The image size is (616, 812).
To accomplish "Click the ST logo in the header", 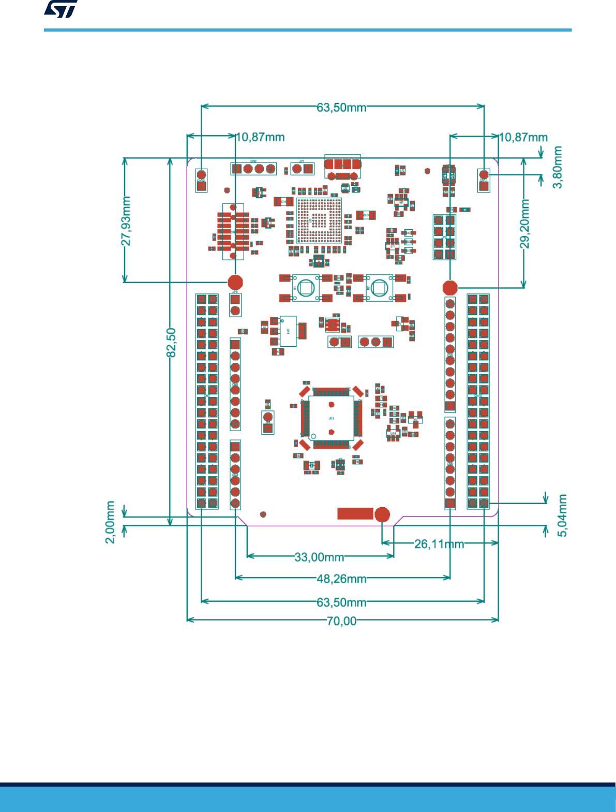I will pos(61,9).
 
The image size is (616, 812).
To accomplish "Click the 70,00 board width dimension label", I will pos(341,621).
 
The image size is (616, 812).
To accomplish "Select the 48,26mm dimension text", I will pos(341,579).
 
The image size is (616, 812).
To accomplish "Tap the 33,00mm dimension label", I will pos(319,557).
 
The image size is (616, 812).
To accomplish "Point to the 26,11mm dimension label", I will pos(439,543).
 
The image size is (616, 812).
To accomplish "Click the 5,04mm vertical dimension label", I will pos(562,515).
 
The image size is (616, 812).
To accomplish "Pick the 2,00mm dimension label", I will pos(110,522).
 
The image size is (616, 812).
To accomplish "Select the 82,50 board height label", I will pos(171,342).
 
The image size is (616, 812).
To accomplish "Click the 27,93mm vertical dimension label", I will pos(126,220).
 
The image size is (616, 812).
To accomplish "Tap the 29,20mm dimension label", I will pos(525,224).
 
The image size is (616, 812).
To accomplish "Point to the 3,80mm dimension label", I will pos(558,167).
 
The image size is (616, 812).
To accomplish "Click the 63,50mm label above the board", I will pos(341,107).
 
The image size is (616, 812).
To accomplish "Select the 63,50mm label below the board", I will pos(341,602).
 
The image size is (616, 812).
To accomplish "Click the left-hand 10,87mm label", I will pos(260,137).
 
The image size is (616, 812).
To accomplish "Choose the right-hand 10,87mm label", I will pos(523,137).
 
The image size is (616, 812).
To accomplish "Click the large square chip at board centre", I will pos(331,418).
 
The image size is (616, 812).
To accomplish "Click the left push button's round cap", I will pos(306,287).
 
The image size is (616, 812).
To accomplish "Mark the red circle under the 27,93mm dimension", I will pos(235,282).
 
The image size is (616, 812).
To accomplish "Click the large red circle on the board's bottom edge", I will pos(382,514).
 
